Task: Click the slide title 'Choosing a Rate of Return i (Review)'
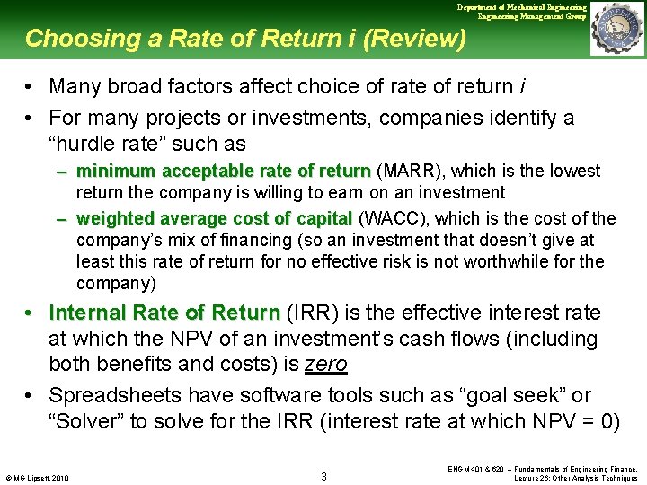coord(245,39)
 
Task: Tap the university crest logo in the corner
coord(617,29)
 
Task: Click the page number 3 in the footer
coord(323,475)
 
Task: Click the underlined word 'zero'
coord(325,365)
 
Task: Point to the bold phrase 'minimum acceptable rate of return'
coord(223,171)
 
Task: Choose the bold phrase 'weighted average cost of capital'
coord(214,218)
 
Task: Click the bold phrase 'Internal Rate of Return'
coord(164,313)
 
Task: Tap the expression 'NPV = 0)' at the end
coord(575,422)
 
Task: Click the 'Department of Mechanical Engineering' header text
coord(521,7)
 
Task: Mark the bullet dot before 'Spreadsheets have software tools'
coord(31,395)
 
